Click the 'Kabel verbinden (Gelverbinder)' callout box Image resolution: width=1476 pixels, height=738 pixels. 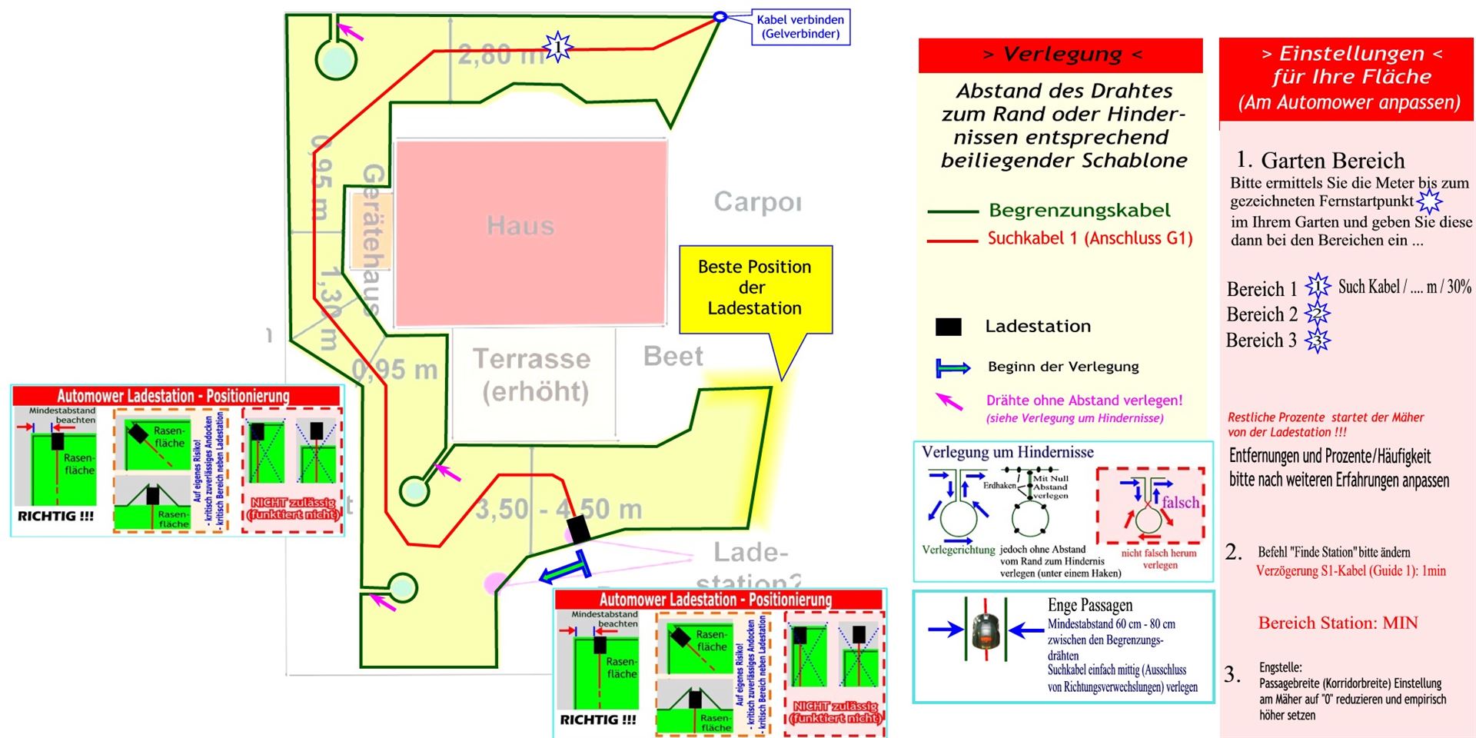click(x=800, y=27)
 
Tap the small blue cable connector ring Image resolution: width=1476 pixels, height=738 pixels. click(x=720, y=16)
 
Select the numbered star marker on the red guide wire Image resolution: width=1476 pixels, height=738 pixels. click(x=557, y=47)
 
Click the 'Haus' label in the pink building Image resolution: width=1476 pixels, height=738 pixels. click(x=520, y=226)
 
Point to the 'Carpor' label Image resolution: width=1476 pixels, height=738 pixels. click(x=757, y=202)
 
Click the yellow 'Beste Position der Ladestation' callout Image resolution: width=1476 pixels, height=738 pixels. click(x=755, y=288)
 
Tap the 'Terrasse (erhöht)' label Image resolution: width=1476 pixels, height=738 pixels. click(x=532, y=374)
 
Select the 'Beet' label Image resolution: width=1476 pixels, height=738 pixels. click(x=673, y=357)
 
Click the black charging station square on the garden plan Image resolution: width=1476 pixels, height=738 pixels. click(x=579, y=530)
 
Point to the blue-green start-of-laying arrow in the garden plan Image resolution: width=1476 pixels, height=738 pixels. click(x=565, y=570)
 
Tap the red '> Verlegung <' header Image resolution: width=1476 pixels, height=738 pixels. click(x=1060, y=55)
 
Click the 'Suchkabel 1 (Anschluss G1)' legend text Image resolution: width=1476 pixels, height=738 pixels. click(x=1090, y=239)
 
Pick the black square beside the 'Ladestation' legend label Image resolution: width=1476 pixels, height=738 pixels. click(x=948, y=327)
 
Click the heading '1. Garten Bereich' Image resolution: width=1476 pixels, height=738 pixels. click(x=1320, y=160)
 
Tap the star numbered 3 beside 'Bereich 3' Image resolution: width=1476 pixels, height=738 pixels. click(x=1318, y=341)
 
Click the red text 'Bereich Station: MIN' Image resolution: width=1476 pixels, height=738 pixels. click(x=1338, y=623)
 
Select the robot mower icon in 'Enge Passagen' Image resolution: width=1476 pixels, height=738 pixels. click(x=985, y=630)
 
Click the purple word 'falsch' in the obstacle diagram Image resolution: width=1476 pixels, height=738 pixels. click(x=1180, y=503)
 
